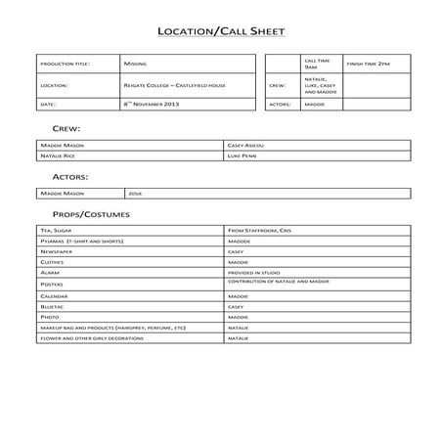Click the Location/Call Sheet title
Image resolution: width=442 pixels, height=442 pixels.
(220, 31)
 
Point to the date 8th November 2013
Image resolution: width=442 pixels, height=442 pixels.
(152, 103)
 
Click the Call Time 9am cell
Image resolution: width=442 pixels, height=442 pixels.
(311, 64)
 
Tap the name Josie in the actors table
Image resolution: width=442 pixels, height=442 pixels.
(135, 194)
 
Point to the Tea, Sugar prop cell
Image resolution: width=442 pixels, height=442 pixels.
(56, 230)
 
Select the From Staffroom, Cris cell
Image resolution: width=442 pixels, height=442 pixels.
(259, 230)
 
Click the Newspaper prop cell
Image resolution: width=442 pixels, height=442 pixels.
(57, 251)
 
